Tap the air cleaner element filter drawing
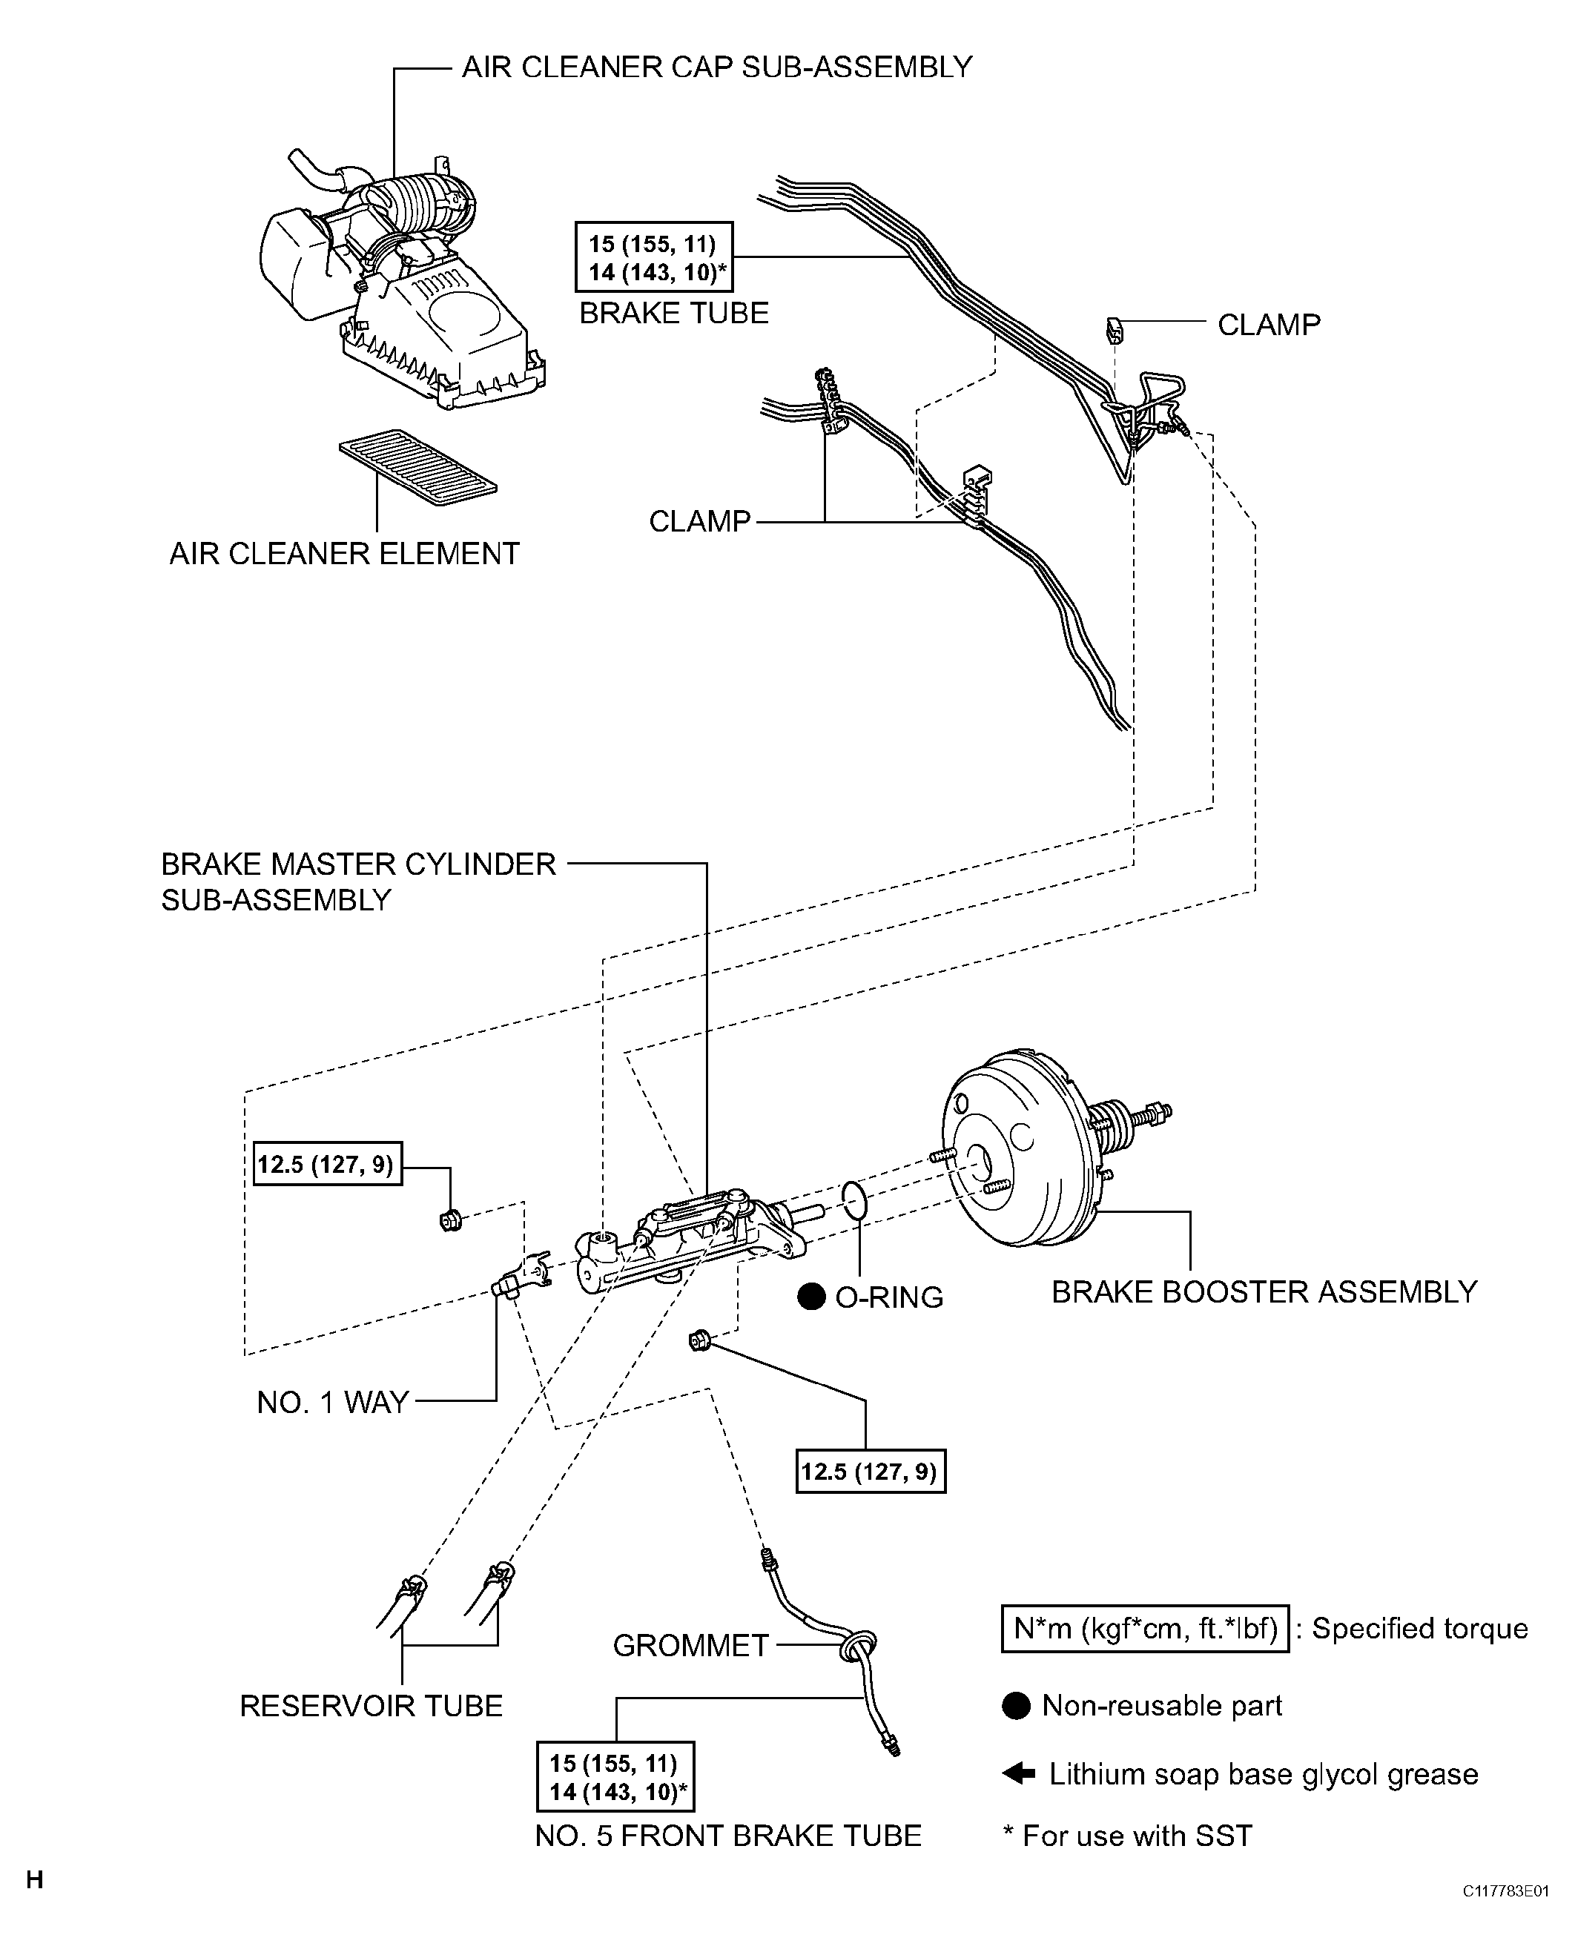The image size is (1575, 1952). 417,467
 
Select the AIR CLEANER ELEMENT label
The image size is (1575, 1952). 344,553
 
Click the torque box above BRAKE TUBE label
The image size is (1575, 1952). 653,257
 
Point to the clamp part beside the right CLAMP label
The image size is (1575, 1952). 1115,330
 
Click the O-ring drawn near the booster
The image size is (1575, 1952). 853,1201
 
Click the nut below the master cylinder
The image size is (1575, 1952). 699,1339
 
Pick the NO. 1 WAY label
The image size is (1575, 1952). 332,1403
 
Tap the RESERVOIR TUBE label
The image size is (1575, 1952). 370,1705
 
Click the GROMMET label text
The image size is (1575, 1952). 690,1645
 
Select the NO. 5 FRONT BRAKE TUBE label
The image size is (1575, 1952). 727,1836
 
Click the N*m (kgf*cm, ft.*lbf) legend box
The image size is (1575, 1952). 1144,1628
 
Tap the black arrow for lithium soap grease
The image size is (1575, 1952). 1019,1773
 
